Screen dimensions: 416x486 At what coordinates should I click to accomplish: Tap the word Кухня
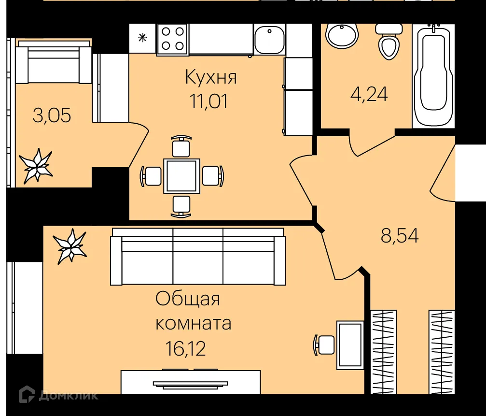tap(211, 77)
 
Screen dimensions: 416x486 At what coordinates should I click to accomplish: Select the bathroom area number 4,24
tap(369, 94)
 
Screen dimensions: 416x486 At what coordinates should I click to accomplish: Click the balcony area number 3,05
tap(52, 115)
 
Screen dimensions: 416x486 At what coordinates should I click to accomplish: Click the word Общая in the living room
tap(187, 299)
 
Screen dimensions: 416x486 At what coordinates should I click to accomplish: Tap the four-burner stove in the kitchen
tap(173, 39)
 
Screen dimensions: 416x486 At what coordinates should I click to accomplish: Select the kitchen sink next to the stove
tap(269, 40)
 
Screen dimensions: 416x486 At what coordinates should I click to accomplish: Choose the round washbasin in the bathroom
tap(342, 34)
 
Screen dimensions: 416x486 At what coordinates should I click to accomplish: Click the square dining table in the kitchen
tap(181, 175)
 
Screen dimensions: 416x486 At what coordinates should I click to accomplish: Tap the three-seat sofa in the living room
tap(197, 258)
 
